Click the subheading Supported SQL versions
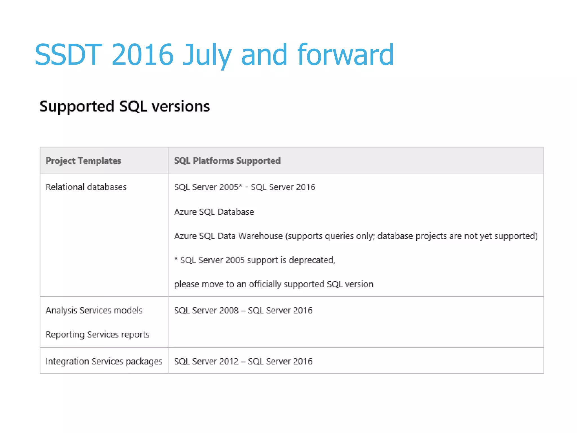click(x=125, y=106)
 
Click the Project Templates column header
click(x=83, y=161)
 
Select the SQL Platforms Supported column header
click(x=227, y=161)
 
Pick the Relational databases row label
click(x=86, y=187)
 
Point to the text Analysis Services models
click(x=94, y=310)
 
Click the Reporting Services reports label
click(x=97, y=335)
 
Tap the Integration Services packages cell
click(x=104, y=361)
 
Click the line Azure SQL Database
click(x=214, y=212)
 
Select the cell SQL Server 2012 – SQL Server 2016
click(x=243, y=361)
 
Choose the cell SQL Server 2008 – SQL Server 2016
click(x=243, y=310)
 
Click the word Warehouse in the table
click(x=260, y=236)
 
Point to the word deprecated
click(x=312, y=260)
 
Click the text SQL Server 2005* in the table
click(x=208, y=187)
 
